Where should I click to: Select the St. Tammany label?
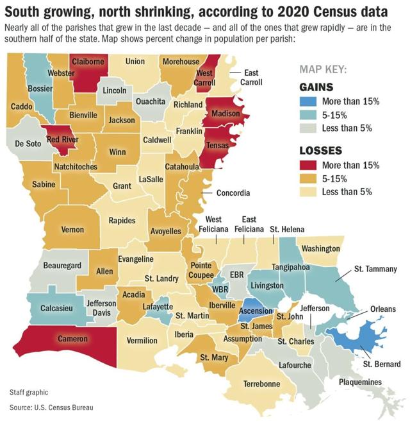point(375,269)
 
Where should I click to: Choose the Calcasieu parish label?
point(57,308)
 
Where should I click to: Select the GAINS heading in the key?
point(317,87)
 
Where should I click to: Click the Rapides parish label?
point(122,220)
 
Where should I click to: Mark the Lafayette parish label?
point(158,307)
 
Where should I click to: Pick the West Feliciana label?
point(213,225)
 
